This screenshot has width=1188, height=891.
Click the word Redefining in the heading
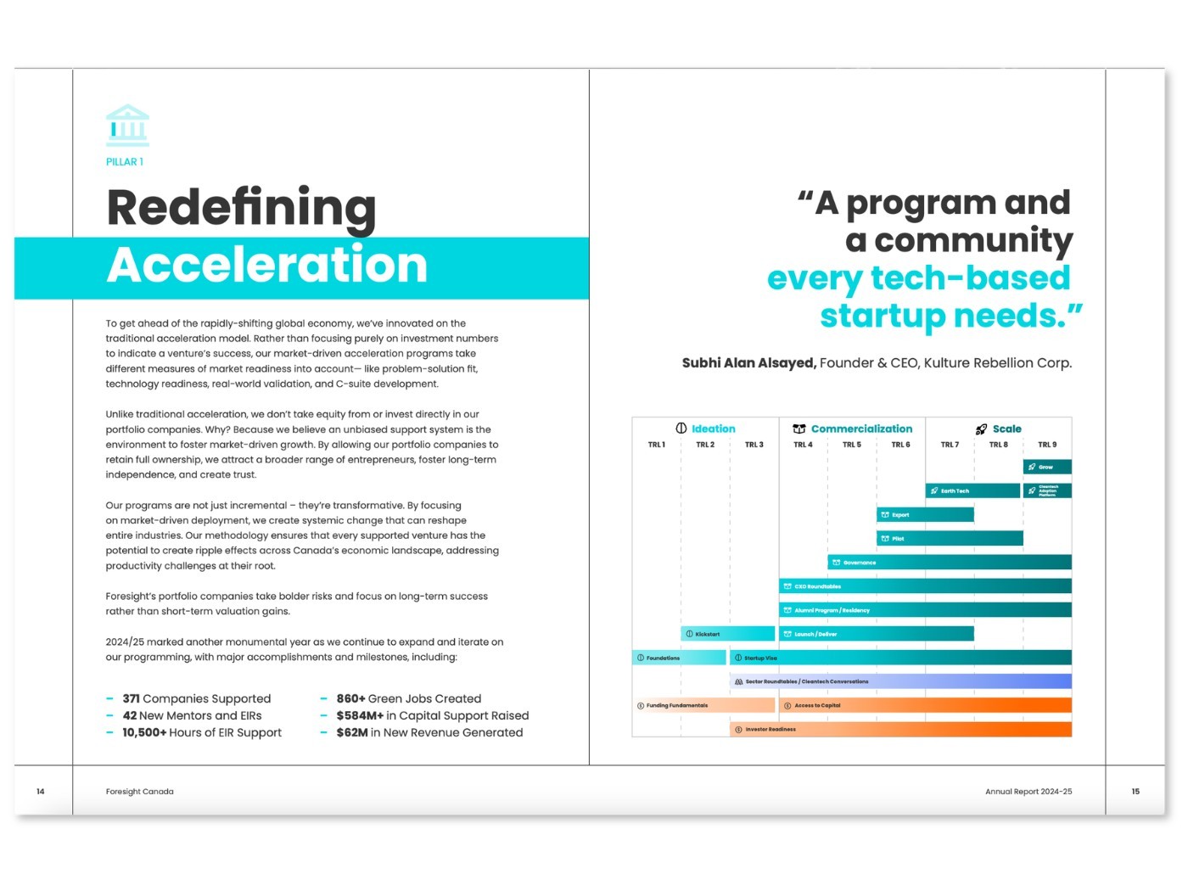pos(241,207)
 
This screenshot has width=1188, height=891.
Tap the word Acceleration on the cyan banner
pos(267,266)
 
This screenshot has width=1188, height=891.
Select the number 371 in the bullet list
pos(131,698)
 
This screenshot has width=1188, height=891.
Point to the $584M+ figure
pos(360,715)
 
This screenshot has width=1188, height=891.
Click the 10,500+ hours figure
pos(144,732)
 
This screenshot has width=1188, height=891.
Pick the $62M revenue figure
pos(351,732)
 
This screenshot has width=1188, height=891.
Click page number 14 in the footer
pos(41,791)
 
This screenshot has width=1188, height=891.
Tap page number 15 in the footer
pos(1135,791)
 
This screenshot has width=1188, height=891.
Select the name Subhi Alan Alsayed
pos(748,363)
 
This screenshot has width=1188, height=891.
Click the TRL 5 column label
pos(851,445)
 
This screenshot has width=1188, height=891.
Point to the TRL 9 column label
pos(1047,445)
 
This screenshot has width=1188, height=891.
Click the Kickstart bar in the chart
pos(727,634)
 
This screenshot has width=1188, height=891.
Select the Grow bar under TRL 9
pos(1047,467)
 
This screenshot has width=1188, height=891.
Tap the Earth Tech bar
pos(972,490)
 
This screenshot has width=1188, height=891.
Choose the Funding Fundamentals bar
pos(703,705)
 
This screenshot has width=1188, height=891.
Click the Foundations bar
pos(679,658)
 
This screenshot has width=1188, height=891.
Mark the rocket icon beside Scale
pos(981,429)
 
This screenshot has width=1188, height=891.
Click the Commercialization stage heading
pos(861,429)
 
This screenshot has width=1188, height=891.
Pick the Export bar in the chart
pos(925,514)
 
